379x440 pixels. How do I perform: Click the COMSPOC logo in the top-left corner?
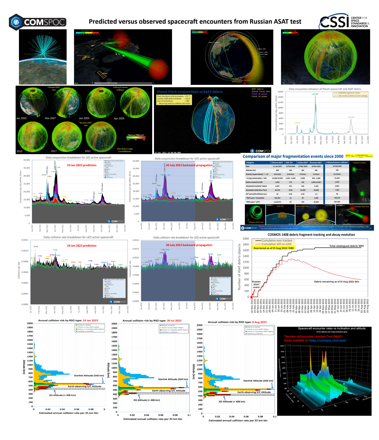pos(37,22)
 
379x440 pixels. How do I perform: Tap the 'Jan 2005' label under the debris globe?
pos(21,118)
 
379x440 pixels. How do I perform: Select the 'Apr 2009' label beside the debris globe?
pos(119,118)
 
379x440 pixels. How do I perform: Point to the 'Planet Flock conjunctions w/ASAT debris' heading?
pos(189,92)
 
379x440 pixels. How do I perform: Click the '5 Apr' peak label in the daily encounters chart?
pos(315,94)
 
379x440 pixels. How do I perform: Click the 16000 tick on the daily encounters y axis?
pos(280,92)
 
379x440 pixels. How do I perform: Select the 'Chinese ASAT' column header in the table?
pos(277,162)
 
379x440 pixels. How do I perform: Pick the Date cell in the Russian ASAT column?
pos(316,166)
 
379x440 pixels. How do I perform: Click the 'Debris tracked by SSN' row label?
pos(252,182)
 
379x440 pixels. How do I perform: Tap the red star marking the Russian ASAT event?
pos(252,297)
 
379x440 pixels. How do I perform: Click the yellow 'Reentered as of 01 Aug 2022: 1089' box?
pos(273,248)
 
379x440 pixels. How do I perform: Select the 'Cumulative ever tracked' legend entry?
pos(277,241)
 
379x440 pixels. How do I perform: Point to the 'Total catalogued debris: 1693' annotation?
pos(346,246)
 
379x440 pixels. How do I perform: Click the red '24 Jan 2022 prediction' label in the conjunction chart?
pos(82,165)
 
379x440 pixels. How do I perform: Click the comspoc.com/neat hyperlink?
pos(327,340)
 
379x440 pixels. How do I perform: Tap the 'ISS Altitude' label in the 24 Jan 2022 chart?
pos(62,395)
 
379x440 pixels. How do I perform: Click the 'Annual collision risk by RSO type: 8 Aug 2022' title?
pos(237,322)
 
